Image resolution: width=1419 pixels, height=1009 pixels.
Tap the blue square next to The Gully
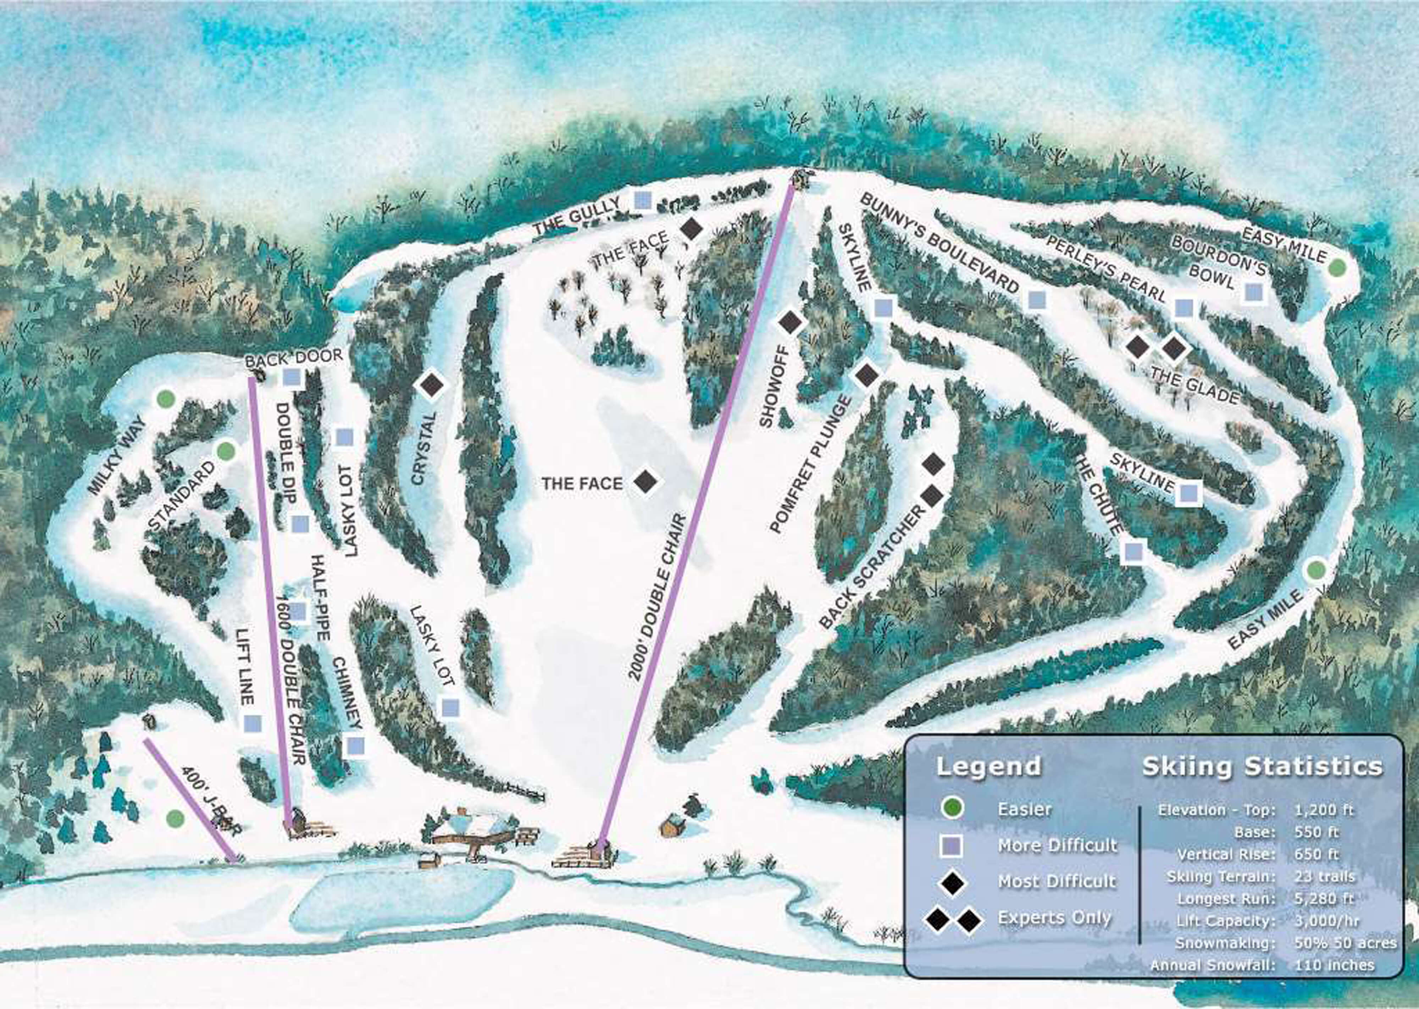pos(642,200)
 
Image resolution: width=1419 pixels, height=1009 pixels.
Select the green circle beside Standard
pos(226,451)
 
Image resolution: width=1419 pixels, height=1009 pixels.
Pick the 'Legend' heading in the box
pos(988,766)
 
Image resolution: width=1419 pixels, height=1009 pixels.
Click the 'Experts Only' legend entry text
pos(1054,918)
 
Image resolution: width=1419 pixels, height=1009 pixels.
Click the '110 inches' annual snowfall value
pos(1335,965)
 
